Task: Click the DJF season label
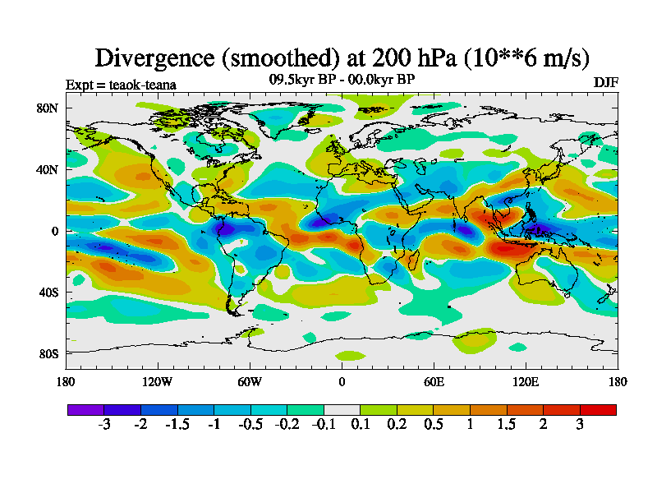605,84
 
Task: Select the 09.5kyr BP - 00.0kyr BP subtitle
342,79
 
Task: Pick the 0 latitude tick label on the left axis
55,231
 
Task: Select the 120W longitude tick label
158,381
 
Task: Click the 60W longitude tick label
250,381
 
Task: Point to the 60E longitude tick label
434,381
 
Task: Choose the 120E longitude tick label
526,381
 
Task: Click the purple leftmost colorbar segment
85,409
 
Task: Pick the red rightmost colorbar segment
598,409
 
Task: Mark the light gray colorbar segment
342,409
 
